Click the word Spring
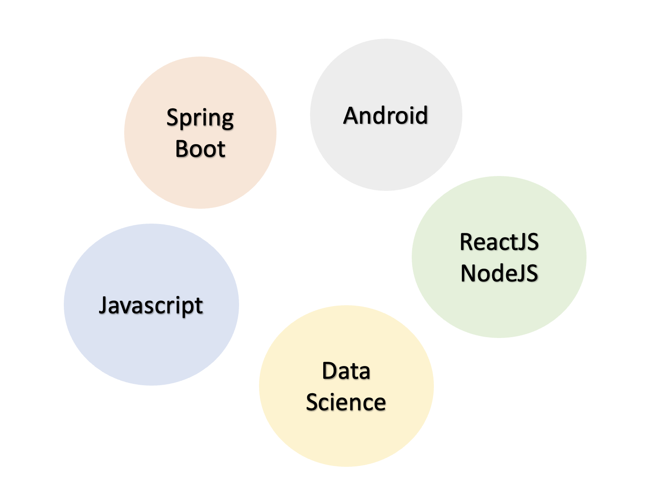coord(200,118)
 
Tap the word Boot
coord(200,149)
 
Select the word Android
coord(385,116)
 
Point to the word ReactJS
coord(499,242)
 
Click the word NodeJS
coord(499,273)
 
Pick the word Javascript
coord(151,306)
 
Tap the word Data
coord(346,371)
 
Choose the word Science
coord(346,402)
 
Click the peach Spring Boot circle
coord(200,183)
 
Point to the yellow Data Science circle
coord(346,438)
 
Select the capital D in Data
coord(330,371)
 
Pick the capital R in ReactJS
coord(467,242)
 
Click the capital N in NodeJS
coord(469,273)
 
